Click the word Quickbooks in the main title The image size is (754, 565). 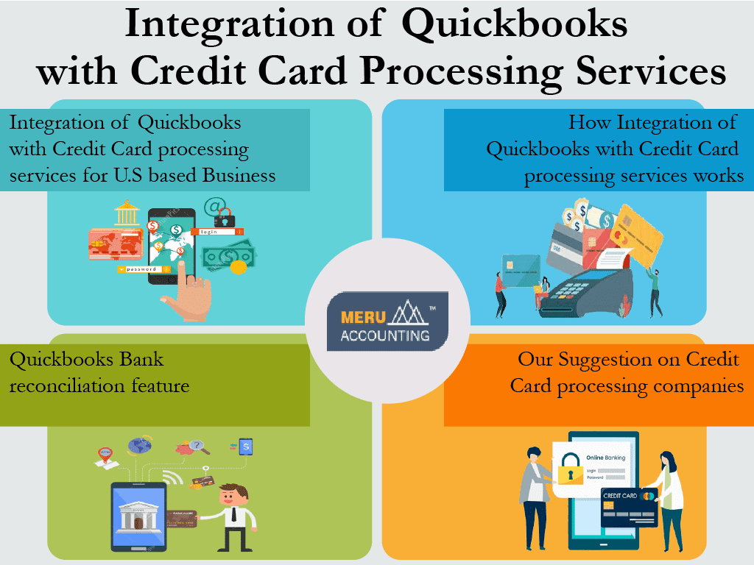click(x=515, y=25)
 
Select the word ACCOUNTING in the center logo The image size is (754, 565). click(x=385, y=335)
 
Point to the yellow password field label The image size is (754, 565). click(x=140, y=269)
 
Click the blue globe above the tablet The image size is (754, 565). click(x=139, y=445)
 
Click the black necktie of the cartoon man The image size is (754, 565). click(x=234, y=514)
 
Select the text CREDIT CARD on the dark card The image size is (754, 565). click(x=620, y=496)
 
